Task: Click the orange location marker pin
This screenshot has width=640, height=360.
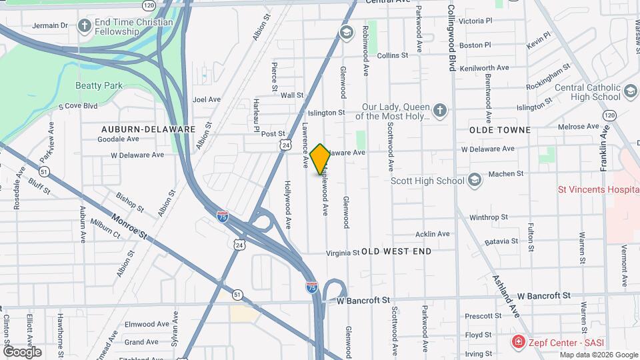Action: (320, 159)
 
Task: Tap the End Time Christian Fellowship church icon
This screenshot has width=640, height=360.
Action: (84, 26)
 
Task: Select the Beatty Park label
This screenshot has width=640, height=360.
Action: (99, 85)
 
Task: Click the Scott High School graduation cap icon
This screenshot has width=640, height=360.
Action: (474, 180)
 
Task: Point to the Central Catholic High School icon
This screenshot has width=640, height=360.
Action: (629, 90)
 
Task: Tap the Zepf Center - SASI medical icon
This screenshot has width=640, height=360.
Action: (517, 342)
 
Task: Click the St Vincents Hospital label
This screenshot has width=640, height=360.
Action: (598, 189)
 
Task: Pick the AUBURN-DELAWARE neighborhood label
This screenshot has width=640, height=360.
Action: (148, 129)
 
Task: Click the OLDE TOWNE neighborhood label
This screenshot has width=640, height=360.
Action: (500, 129)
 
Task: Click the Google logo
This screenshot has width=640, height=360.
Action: (23, 351)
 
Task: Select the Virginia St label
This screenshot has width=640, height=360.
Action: (343, 253)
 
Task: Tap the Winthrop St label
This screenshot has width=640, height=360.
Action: (489, 217)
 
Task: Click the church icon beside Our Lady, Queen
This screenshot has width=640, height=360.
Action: (439, 111)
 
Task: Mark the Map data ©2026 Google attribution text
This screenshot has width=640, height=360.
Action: (598, 355)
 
